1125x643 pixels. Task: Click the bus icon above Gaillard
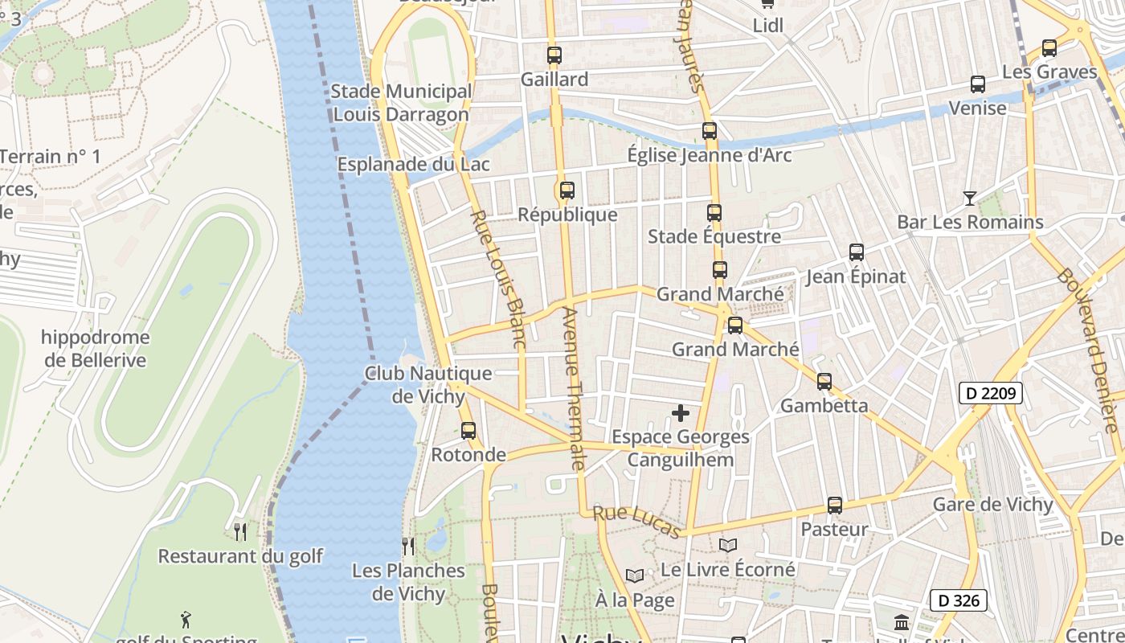pos(554,55)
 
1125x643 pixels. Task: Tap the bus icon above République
pos(567,190)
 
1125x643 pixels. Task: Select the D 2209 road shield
pos(990,394)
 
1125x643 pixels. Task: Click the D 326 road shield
pos(958,600)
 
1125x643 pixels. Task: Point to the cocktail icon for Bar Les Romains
pos(970,198)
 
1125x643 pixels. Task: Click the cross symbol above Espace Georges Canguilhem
pos(681,413)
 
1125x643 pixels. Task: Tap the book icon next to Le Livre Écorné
pos(728,545)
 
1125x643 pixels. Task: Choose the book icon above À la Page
pos(635,575)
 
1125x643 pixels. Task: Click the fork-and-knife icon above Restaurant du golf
pos(239,531)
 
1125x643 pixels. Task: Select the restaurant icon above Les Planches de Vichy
pos(408,547)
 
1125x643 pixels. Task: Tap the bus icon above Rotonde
pos(468,431)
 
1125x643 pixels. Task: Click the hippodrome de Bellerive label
pos(96,349)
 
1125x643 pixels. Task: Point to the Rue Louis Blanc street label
pos(497,279)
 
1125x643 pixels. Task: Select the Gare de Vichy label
pos(992,505)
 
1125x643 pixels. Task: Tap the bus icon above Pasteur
pos(835,506)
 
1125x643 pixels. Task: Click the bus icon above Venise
pos(978,84)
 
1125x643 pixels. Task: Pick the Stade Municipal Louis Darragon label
pos(401,103)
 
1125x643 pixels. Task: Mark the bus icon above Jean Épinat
pos(857,252)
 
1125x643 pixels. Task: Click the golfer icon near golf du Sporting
pos(186,619)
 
